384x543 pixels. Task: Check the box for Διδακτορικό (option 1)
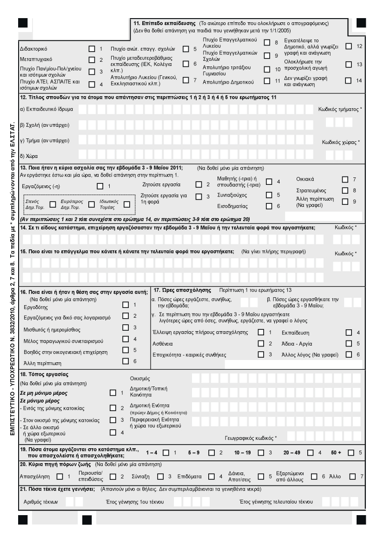pos(92,48)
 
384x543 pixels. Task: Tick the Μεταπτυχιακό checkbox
pos(92,60)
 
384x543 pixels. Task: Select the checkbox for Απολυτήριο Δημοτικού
pos(266,81)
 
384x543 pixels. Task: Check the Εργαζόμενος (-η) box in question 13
pos(100,186)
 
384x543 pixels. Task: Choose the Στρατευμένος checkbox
pos(344,190)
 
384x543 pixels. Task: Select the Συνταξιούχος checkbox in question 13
pos(269,195)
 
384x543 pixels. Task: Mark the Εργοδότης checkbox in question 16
pos(125,305)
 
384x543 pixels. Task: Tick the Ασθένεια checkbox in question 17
pos(260,343)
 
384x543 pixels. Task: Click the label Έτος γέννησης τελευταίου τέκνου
pos(276,502)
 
